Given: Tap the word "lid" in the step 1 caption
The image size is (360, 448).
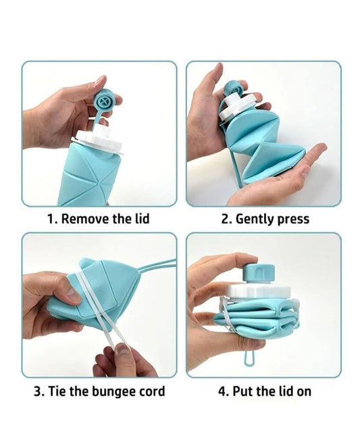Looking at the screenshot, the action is tap(142, 218).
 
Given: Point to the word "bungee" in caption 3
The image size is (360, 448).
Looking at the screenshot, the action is tap(114, 392).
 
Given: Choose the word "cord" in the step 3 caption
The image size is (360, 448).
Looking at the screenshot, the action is tap(152, 391).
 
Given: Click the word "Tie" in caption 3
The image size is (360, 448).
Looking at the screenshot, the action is tap(57, 391).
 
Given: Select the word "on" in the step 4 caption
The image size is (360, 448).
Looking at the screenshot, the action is tap(304, 393).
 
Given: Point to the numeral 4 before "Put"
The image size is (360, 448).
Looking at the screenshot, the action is tap(222, 391).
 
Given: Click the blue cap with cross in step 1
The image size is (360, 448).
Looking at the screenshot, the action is tap(104, 101).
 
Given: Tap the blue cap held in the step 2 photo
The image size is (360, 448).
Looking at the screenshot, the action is tap(232, 89).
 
